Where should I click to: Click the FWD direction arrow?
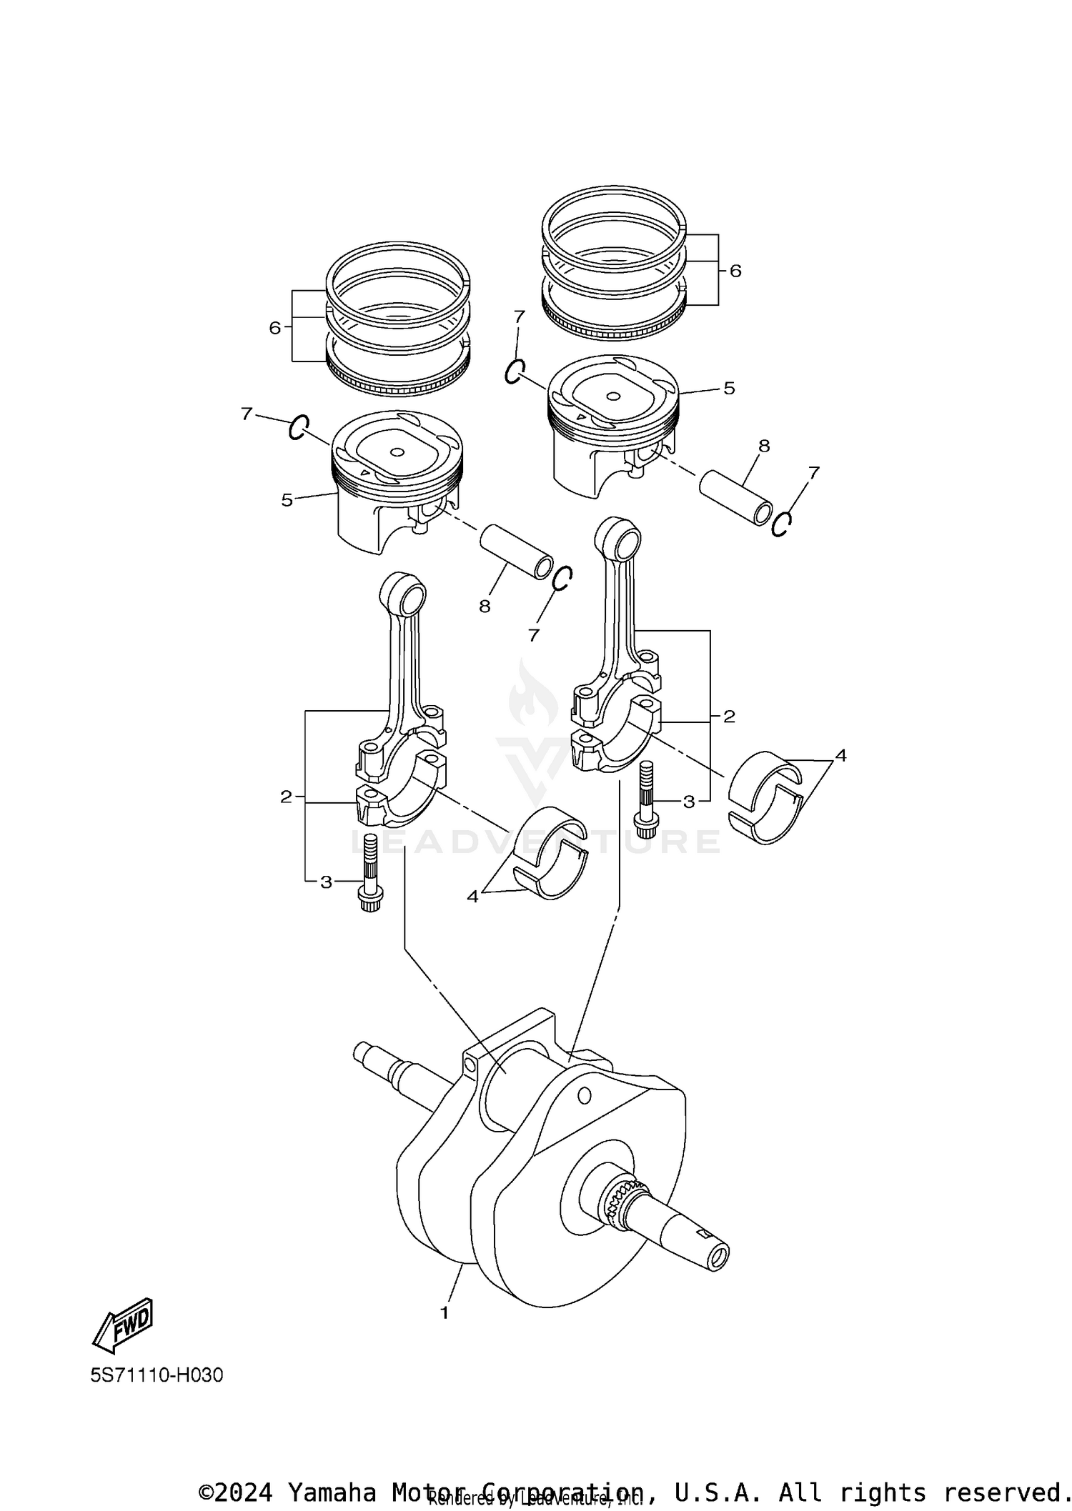pos(123,1325)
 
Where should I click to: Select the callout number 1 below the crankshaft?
pos(444,1312)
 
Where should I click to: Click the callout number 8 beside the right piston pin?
pos(764,446)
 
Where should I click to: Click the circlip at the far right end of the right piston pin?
pos(782,524)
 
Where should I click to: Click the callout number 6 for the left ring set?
pos(274,328)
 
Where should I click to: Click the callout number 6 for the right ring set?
pos(735,271)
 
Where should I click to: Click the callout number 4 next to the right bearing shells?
pos(840,755)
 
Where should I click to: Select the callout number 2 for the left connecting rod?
pos(286,797)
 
